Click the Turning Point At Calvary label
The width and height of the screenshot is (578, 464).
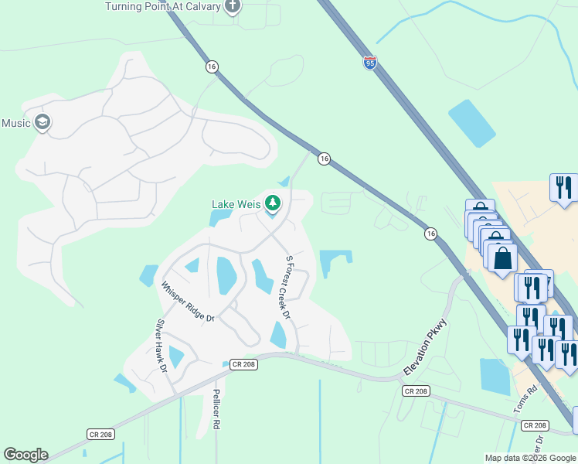click(160, 6)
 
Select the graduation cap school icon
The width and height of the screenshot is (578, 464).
click(42, 122)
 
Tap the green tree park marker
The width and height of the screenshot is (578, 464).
click(272, 203)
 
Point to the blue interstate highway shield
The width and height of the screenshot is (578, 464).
click(370, 62)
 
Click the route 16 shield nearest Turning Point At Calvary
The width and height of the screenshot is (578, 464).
click(212, 67)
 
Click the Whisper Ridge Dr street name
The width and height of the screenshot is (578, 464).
click(187, 301)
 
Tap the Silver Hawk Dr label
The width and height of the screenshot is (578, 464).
click(161, 346)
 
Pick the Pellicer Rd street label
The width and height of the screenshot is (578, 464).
click(217, 404)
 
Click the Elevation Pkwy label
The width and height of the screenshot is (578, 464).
click(425, 352)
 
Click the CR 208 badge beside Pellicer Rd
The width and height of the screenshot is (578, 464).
click(243, 363)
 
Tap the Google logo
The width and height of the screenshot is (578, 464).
click(25, 455)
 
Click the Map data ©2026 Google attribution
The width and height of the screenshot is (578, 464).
click(530, 458)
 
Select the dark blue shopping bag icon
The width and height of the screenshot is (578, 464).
click(502, 258)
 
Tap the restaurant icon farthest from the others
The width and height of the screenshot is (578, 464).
click(563, 187)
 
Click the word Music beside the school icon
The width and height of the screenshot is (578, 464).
click(15, 123)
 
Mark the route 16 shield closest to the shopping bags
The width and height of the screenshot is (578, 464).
click(430, 233)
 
